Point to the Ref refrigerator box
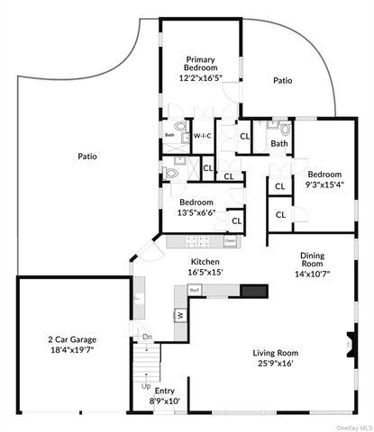point(194,290)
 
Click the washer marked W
point(180,315)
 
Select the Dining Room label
point(318,260)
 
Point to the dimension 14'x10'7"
point(317,274)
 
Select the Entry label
point(164,391)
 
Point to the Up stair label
point(146,386)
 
